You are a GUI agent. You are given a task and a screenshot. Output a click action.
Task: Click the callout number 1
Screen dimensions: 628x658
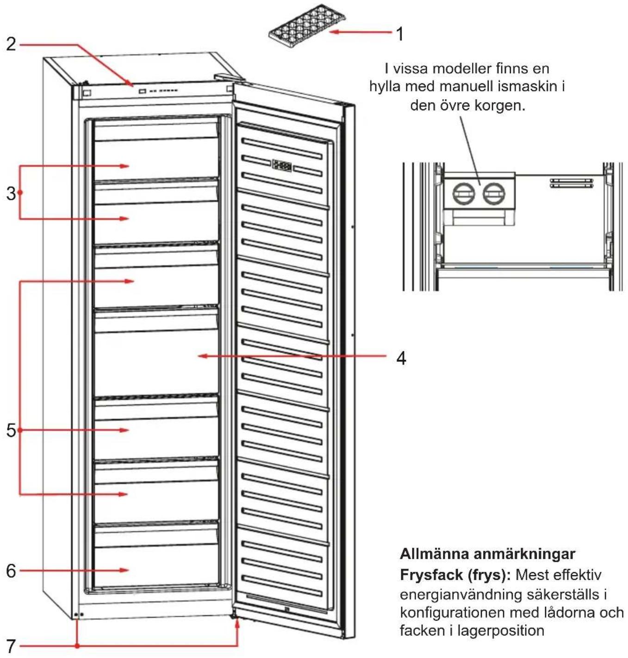pos(400,34)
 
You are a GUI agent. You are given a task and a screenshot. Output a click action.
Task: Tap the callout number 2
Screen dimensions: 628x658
pos(11,44)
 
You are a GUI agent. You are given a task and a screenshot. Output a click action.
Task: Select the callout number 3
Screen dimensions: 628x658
pos(11,193)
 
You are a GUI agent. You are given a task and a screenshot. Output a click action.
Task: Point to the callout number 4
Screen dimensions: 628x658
pos(401,358)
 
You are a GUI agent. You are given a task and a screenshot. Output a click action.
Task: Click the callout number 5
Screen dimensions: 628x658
pos(11,431)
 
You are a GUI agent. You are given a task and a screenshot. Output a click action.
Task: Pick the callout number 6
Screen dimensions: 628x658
pos(11,571)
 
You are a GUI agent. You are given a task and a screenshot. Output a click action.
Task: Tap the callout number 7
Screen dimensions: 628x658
pos(11,646)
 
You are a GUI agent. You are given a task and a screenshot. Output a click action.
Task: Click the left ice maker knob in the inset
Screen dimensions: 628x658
pos(464,194)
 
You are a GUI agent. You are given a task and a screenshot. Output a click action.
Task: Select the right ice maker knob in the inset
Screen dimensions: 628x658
pos(494,194)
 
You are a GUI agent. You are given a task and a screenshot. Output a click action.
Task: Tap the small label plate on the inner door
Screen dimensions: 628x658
pos(282,166)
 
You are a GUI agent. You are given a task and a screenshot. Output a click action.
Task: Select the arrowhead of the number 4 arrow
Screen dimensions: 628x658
pos(203,356)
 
